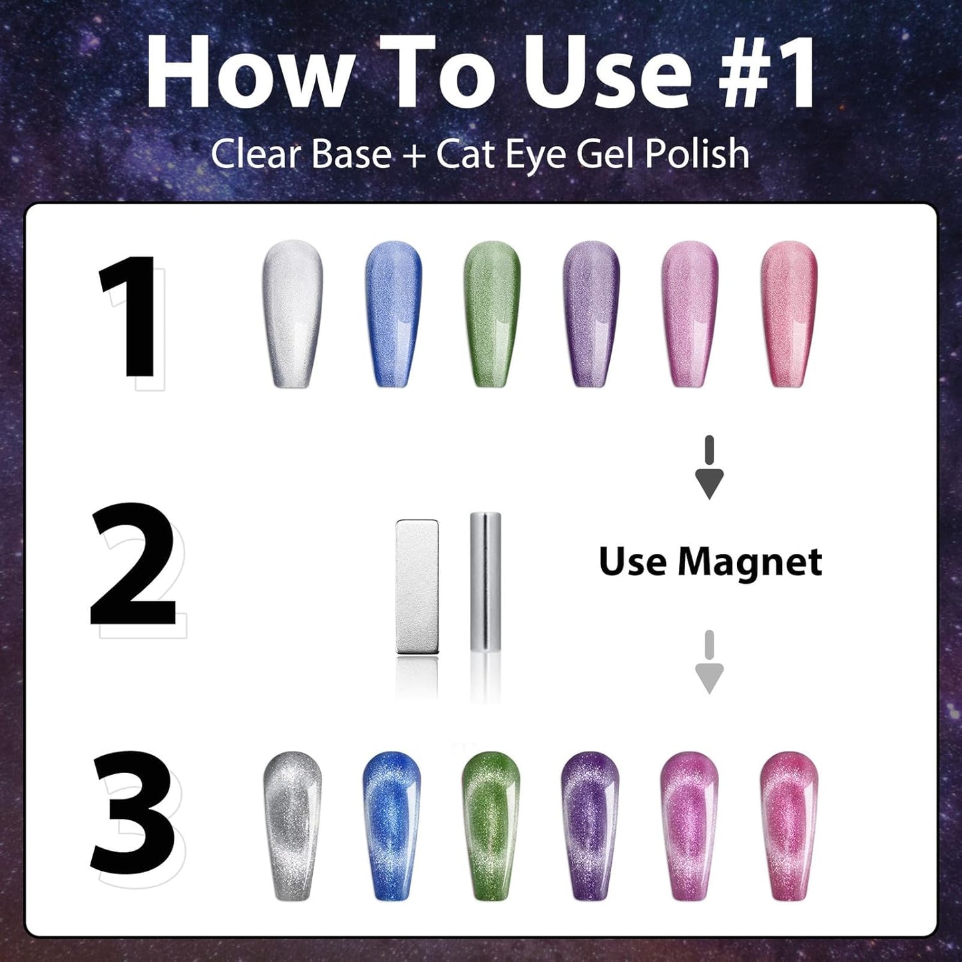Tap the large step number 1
point(128,316)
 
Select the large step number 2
point(133,564)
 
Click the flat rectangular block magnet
point(417,587)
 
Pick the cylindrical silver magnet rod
point(485,583)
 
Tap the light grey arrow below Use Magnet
point(709,662)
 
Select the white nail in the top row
point(293,313)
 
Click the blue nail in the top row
point(393,313)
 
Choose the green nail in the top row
point(492,313)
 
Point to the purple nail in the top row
point(591,313)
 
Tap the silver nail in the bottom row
point(292,827)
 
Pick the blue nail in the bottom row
point(393,827)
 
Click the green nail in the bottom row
point(491,827)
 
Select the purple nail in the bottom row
point(590,827)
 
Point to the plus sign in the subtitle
point(413,155)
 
